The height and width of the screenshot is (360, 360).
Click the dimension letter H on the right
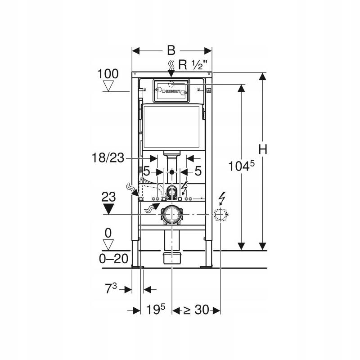pos(263,149)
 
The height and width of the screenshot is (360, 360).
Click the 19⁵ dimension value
pos(156,310)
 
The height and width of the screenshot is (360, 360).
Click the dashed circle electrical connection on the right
pos(220,215)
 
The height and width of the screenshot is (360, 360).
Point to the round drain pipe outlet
pos(171,215)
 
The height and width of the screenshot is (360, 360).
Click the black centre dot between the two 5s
pos(171,172)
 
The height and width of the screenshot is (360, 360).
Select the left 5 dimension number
pos(146,171)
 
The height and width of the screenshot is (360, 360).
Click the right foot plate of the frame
pos(207,266)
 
